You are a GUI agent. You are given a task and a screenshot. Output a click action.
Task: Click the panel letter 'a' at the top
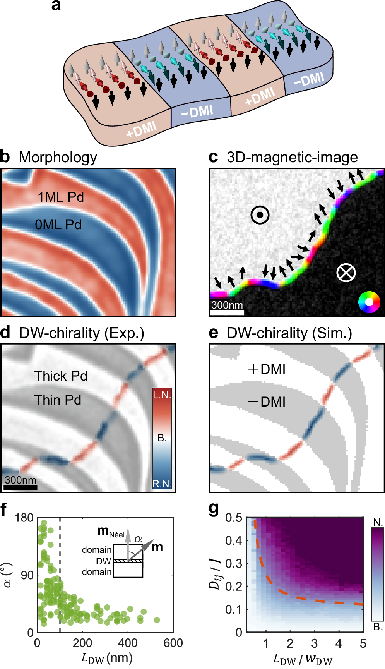(56, 6)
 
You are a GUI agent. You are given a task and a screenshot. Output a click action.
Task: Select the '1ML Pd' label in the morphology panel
(61, 197)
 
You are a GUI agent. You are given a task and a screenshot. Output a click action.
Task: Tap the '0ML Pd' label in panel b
(58, 225)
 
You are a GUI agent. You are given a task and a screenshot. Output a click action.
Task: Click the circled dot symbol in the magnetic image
(260, 215)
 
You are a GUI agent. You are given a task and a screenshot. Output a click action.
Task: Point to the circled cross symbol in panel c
(346, 273)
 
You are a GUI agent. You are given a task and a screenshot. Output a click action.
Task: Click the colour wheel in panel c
(369, 302)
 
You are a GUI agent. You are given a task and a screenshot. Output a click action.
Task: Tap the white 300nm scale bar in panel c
(227, 312)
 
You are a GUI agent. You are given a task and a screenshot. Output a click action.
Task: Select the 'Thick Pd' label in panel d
(61, 376)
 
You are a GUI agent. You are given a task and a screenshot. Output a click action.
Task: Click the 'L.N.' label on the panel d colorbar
(162, 395)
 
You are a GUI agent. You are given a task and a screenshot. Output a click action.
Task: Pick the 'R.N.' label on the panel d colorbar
(162, 484)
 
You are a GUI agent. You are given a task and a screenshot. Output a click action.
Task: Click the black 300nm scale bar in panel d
(21, 487)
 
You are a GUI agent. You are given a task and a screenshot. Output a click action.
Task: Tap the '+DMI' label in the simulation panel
(267, 369)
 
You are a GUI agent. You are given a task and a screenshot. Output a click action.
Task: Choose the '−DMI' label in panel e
(267, 402)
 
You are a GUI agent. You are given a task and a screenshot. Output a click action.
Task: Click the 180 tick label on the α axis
(24, 518)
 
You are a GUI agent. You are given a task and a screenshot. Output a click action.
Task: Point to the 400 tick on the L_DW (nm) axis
(127, 643)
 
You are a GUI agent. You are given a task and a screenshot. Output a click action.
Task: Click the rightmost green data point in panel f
(157, 620)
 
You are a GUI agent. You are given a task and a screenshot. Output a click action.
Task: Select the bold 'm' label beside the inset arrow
(157, 547)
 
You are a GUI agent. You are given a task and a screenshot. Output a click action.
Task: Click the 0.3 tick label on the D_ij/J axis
(234, 563)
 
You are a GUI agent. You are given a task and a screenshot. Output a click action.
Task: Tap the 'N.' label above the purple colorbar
(378, 522)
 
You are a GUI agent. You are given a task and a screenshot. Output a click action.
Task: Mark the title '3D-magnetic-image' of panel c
(292, 157)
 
